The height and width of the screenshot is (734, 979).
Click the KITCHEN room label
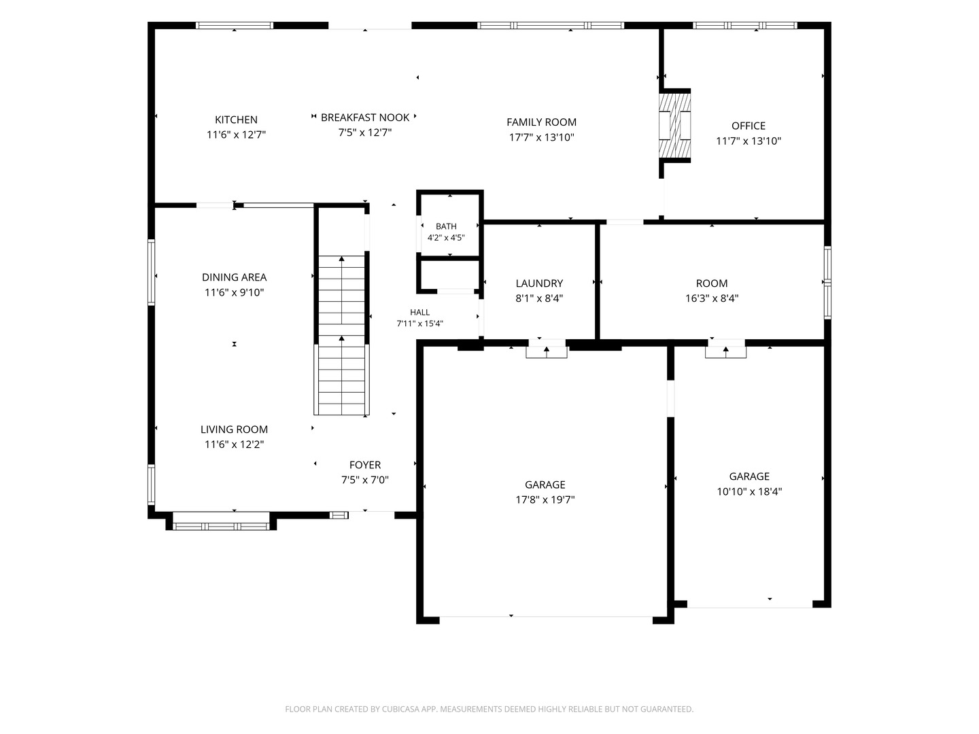(236, 120)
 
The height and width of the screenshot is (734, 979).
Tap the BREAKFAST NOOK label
(365, 117)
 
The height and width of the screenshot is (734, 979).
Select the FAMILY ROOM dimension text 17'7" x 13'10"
(541, 137)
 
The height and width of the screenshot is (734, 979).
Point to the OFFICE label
(749, 126)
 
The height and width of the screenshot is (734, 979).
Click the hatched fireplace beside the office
(675, 126)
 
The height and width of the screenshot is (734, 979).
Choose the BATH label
(446, 226)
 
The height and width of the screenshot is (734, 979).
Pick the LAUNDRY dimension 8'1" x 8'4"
(539, 298)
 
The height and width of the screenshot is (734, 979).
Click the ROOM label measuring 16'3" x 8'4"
(711, 283)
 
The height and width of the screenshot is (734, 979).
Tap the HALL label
(419, 313)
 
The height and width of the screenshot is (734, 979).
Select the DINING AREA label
(234, 277)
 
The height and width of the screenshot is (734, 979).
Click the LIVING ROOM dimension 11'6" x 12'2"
(234, 444)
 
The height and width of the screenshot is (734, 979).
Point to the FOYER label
(365, 465)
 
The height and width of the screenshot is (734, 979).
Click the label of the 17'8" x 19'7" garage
(545, 485)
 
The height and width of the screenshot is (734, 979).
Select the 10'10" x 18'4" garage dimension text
(749, 491)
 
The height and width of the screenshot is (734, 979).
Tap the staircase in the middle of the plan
(342, 335)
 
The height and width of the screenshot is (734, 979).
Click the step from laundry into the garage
(547, 349)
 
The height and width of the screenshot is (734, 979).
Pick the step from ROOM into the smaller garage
(725, 349)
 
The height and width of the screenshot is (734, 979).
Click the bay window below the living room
(221, 526)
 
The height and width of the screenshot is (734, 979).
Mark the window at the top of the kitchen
(235, 25)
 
